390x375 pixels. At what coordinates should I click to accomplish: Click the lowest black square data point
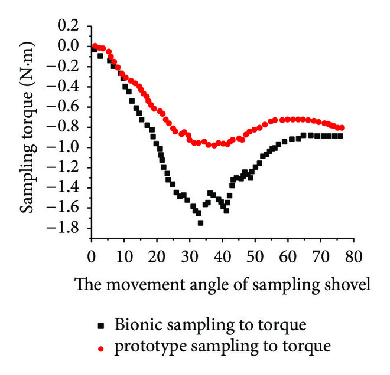(200, 223)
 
